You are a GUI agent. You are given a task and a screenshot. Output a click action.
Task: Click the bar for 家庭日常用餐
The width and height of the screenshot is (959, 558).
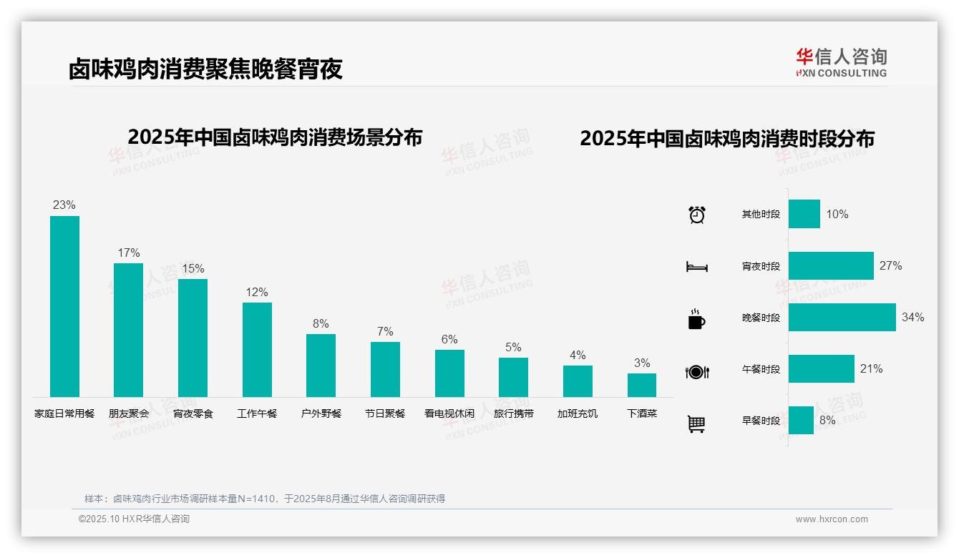[x=64, y=306]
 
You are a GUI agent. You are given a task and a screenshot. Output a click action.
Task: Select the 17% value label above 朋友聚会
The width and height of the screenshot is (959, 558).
[x=129, y=253]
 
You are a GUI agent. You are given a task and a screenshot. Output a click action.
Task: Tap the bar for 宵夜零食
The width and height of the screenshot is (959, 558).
[x=193, y=338]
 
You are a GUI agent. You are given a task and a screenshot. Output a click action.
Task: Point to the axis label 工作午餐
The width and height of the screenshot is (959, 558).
[x=257, y=413]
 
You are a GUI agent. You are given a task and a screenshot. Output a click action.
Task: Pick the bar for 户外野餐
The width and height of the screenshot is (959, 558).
[x=321, y=366]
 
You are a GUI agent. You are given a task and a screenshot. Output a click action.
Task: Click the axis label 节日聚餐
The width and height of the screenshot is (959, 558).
[x=385, y=413]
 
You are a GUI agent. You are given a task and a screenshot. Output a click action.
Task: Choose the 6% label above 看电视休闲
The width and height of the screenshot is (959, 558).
[x=449, y=340]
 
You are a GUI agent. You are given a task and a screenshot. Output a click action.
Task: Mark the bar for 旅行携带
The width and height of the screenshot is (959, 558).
[x=513, y=377]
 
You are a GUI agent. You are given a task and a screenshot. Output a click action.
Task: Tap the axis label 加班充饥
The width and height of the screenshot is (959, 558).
[x=578, y=413]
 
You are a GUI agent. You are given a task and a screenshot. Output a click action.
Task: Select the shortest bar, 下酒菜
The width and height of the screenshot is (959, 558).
[x=642, y=385]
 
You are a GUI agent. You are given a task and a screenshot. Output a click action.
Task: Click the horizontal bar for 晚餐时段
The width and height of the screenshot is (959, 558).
[x=842, y=318]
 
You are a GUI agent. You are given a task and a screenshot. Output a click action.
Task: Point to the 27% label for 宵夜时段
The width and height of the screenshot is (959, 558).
[x=891, y=266]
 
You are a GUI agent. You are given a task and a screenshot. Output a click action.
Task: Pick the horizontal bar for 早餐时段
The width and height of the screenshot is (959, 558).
[x=802, y=421]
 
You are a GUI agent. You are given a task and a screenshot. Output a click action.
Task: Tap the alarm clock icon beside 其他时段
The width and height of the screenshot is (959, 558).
[x=697, y=215]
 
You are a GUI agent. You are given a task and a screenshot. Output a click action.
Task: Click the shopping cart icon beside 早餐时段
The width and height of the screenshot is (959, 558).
[x=696, y=424]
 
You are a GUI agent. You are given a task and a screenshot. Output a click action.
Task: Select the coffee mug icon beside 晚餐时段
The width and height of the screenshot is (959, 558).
[x=696, y=320]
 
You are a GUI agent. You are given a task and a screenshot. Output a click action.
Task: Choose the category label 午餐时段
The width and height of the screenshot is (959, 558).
[x=761, y=370]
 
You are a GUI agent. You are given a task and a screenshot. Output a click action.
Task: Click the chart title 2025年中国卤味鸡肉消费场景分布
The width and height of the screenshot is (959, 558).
[x=275, y=137]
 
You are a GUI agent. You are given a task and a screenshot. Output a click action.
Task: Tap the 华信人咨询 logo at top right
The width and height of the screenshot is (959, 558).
[x=841, y=62]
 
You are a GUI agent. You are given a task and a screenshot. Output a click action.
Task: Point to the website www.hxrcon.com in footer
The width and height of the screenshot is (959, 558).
[x=832, y=519]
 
